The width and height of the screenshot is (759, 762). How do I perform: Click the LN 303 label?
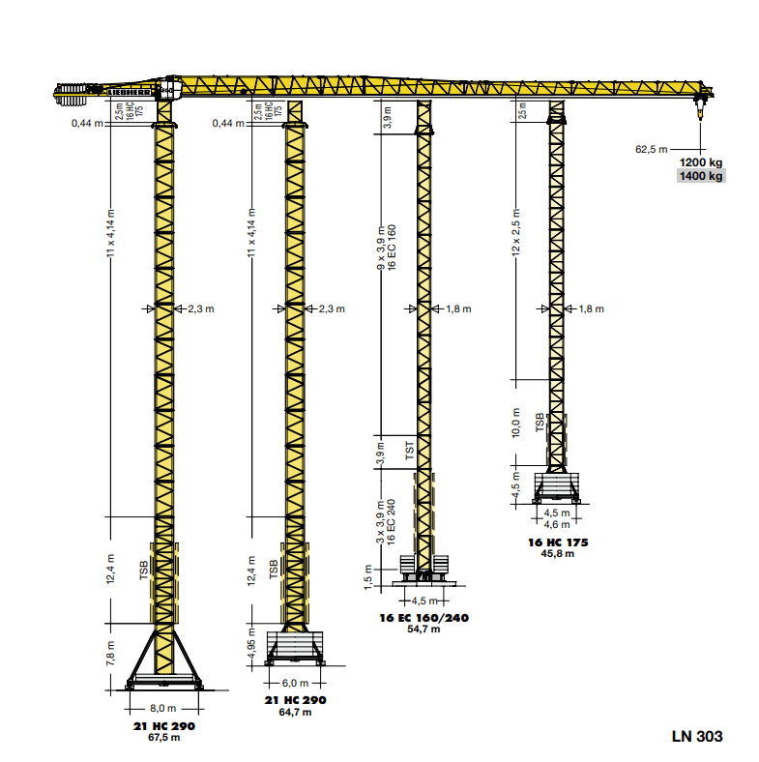tap(696, 736)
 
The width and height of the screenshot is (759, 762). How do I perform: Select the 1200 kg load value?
tap(701, 161)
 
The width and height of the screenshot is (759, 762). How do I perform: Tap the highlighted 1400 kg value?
tap(701, 176)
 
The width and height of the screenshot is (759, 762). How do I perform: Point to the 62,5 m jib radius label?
tap(651, 149)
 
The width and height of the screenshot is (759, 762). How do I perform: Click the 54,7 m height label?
tap(425, 629)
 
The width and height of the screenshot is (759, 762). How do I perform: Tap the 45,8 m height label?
tap(557, 554)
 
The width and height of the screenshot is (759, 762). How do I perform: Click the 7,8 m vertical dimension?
tap(111, 659)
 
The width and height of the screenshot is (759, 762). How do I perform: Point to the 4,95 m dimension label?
tap(252, 645)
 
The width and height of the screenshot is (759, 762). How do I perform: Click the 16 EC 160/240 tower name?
tap(425, 617)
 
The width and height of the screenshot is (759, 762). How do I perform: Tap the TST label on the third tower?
tap(409, 452)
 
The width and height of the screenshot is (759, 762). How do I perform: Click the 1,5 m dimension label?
tap(368, 577)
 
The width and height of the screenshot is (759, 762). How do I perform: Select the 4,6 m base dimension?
tap(557, 524)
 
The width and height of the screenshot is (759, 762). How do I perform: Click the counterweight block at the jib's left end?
tap(73, 91)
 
